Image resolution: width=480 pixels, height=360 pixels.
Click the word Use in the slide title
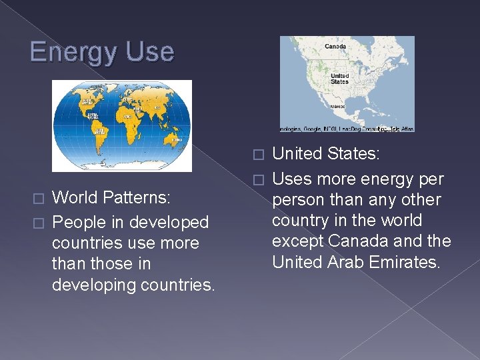tap(151, 51)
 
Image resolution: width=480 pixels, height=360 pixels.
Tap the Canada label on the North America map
tap(335, 47)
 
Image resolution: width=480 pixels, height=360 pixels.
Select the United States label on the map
tap(339, 79)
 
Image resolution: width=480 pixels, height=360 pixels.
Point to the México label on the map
tap(337, 106)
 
